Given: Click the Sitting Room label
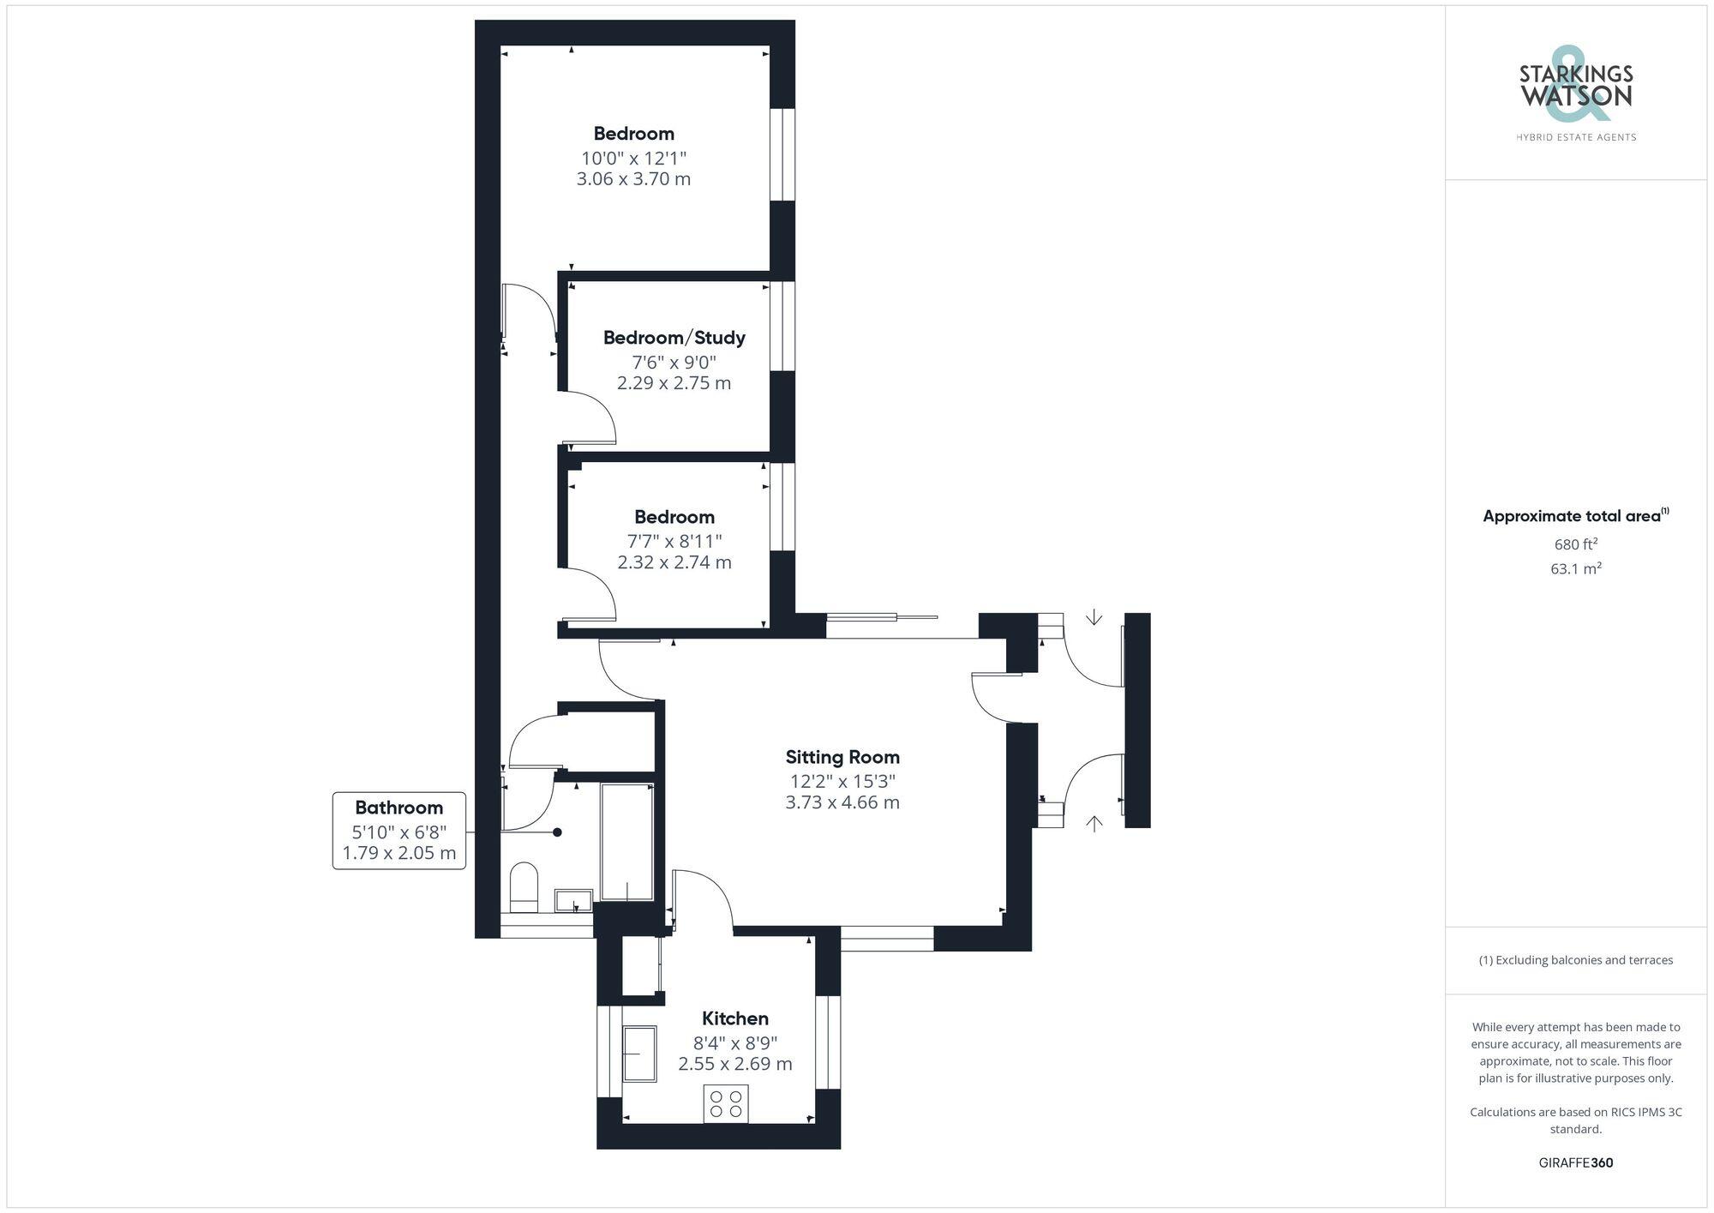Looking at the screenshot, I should click(x=842, y=757).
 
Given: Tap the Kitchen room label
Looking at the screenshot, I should click(x=734, y=1018).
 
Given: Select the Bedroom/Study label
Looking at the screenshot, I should click(x=674, y=337).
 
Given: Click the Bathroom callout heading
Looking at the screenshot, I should click(x=399, y=808).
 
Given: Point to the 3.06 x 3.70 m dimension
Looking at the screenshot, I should click(x=633, y=179).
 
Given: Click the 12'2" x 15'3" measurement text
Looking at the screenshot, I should click(x=842, y=781).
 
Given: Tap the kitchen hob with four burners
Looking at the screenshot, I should click(x=726, y=1103).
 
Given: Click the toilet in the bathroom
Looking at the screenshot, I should click(x=524, y=886).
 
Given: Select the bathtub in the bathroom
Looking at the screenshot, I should click(x=627, y=841).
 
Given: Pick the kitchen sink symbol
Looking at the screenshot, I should click(x=638, y=1053).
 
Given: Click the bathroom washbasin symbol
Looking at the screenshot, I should click(x=573, y=900).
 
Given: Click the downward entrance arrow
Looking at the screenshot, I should click(x=1094, y=617).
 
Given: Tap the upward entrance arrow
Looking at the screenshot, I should click(x=1094, y=823).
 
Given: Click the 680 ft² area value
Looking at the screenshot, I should click(x=1575, y=544).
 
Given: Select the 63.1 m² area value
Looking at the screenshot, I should click(x=1575, y=568).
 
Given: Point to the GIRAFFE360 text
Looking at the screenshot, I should click(x=1575, y=1163).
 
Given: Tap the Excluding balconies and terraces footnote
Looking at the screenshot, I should click(x=1575, y=960).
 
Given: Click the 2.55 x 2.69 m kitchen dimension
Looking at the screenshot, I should click(x=734, y=1065).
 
